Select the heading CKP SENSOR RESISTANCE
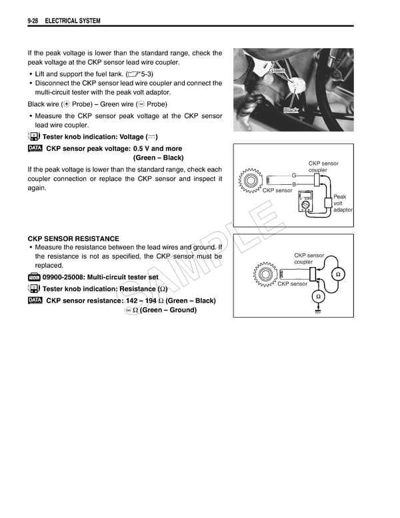point(73,238)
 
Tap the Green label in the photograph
point(277,71)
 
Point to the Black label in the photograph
point(291,110)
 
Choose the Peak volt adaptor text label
point(342,203)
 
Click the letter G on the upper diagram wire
point(293,175)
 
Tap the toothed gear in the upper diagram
point(251,180)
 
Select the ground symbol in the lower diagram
point(318,311)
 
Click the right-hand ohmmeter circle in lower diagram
point(338,274)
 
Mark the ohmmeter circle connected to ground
point(318,296)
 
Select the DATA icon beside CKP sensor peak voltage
point(35,148)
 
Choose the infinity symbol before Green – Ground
point(128,310)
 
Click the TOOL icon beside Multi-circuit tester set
point(35,277)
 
